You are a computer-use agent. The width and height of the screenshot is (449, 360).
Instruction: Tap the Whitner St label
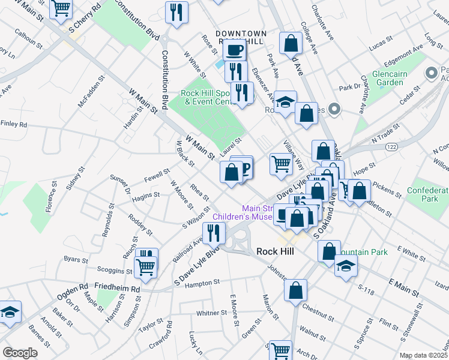pos(210,313)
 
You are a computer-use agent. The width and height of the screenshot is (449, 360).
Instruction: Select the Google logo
pos(20,352)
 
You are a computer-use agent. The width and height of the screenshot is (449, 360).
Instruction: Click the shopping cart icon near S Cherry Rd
pos(61,8)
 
